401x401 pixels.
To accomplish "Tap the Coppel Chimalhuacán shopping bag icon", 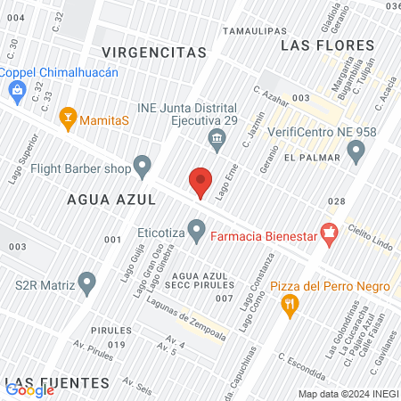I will pos(17,89).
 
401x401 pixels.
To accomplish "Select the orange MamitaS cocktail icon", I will pos(67,118).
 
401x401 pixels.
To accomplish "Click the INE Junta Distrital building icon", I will pos(216,138).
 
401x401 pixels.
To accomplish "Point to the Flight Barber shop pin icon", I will pos(142,166).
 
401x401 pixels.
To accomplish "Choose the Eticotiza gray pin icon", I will pos(196,235).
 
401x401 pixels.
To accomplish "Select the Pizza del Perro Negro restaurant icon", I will pos(290,306).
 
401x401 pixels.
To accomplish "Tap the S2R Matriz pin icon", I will pos(86,285).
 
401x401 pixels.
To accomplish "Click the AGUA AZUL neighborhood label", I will pos(111,200).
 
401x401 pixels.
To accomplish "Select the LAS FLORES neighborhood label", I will pos(321,44).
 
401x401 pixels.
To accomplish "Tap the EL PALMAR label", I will pos(313,158).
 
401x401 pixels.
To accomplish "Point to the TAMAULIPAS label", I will pos(253,29).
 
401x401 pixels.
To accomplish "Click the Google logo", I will pos(29,389).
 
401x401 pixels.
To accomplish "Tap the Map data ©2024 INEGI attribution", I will pos(347,393).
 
